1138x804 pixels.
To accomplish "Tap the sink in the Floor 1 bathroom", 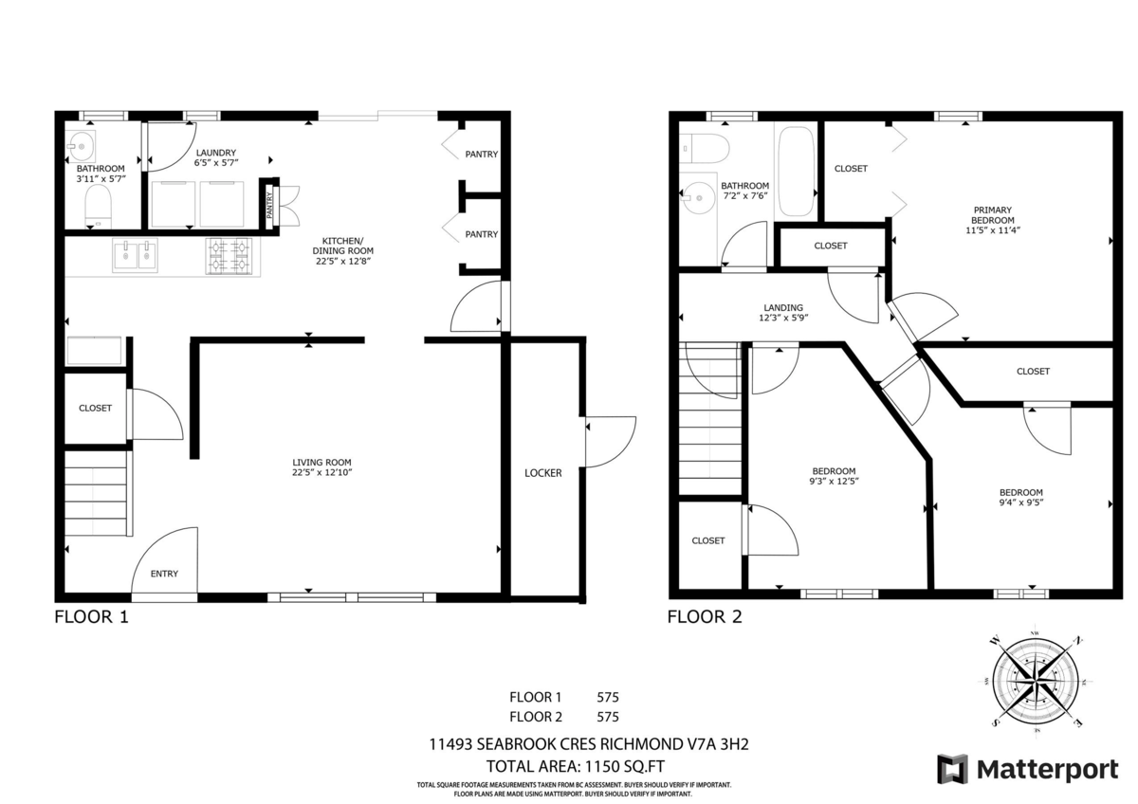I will coord(81,146).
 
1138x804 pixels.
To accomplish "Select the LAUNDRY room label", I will coord(215,153).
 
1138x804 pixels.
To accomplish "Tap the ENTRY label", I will coord(164,574).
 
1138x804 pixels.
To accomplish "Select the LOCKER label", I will coord(543,472).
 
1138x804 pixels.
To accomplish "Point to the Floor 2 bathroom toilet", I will coord(704,149).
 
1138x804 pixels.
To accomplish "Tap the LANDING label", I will coord(783,308).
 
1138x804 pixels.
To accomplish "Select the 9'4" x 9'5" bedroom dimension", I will coord(1020,504).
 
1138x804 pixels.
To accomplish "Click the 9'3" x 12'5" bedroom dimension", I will coord(834,482).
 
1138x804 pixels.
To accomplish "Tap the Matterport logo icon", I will coord(952,768).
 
